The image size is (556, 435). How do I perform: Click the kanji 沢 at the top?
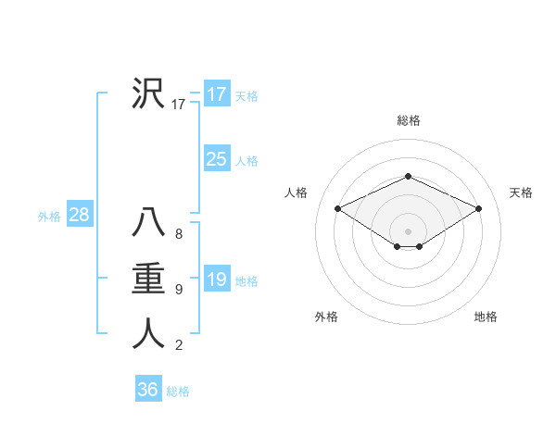pyautogui.click(x=148, y=93)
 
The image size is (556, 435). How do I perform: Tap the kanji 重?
pyautogui.click(x=148, y=279)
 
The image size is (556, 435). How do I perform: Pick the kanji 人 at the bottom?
pyautogui.click(x=148, y=334)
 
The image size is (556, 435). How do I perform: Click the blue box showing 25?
pyautogui.click(x=216, y=159)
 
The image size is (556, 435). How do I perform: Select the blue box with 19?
pyautogui.click(x=216, y=280)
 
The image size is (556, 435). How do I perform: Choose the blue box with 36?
pyautogui.click(x=147, y=390)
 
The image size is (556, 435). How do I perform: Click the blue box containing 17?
pyautogui.click(x=216, y=94)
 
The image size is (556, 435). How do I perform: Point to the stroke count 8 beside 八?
pyautogui.click(x=178, y=235)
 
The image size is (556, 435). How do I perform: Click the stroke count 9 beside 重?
pyautogui.click(x=178, y=291)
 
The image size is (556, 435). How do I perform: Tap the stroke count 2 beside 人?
pyautogui.click(x=178, y=346)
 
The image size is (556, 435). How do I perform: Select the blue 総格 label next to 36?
pyautogui.click(x=178, y=391)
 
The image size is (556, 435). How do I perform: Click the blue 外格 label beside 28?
pyautogui.click(x=49, y=217)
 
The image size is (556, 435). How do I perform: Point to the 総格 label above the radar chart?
pyautogui.click(x=408, y=120)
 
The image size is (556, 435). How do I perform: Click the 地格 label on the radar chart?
pyautogui.click(x=486, y=317)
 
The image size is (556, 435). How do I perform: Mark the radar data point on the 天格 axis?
pyautogui.click(x=479, y=208)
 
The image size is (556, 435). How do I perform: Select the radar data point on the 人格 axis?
pyautogui.click(x=337, y=208)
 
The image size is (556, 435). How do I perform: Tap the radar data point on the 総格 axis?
pyautogui.click(x=408, y=176)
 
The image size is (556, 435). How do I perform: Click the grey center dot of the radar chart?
pyautogui.click(x=408, y=230)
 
